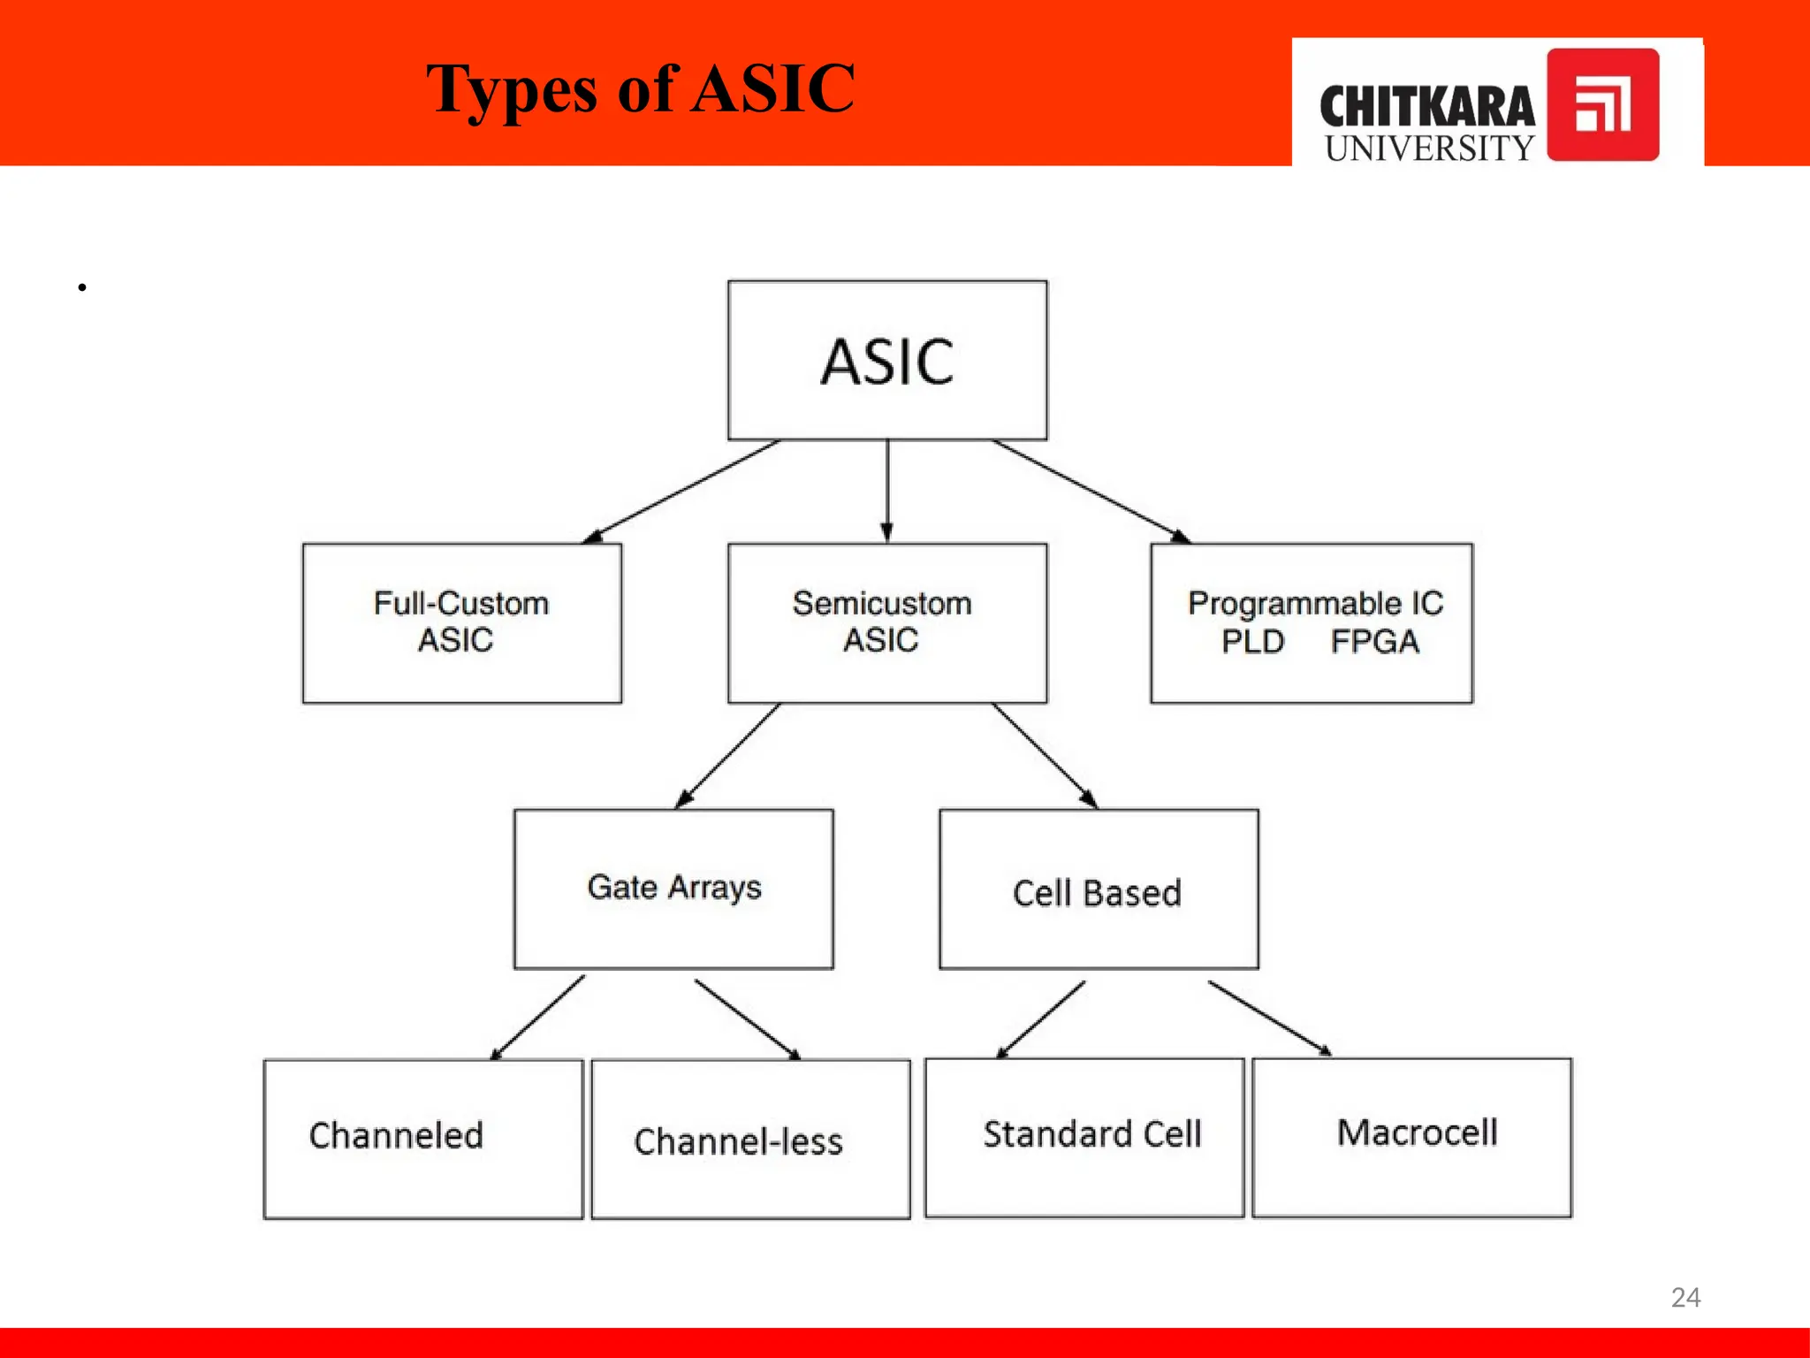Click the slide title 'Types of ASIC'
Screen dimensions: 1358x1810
point(640,89)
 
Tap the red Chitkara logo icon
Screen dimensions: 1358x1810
point(1602,105)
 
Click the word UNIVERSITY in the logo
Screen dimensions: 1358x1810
point(1429,149)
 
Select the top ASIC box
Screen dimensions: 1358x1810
point(887,360)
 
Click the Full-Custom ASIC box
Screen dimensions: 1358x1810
point(461,622)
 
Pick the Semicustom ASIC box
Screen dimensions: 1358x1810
point(887,622)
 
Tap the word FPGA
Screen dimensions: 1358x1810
point(1374,641)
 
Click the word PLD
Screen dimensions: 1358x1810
point(1252,641)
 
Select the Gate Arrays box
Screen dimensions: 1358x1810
point(673,889)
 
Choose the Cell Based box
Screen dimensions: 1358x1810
point(1099,889)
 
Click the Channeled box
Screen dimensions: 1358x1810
point(423,1139)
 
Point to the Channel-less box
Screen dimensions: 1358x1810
point(750,1139)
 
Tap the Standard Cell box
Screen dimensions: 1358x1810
point(1084,1137)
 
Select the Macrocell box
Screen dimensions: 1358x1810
point(1412,1137)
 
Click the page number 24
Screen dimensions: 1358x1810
point(1685,1297)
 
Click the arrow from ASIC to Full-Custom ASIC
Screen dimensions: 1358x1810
point(681,492)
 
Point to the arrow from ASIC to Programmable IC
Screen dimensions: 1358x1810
point(1091,492)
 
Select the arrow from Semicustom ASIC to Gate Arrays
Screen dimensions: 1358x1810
point(727,756)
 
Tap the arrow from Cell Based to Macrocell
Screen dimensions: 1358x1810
point(1270,1018)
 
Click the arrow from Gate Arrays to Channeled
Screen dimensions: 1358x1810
point(537,1018)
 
